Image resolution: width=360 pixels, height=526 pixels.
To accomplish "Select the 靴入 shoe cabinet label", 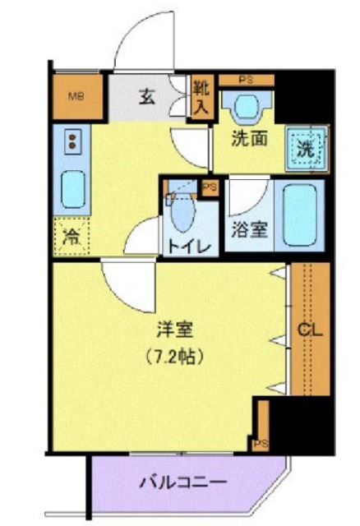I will [x=201, y=96].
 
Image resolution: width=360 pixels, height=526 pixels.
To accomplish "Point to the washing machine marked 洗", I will [x=305, y=150].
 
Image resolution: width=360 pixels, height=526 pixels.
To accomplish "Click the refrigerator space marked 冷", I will [x=73, y=238].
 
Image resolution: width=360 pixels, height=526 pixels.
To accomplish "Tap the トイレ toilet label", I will [x=192, y=246].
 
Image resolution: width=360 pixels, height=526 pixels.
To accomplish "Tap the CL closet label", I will [x=309, y=331].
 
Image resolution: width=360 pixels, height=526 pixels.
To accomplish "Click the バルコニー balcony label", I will [x=188, y=482].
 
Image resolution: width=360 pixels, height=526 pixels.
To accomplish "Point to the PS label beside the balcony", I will [x=261, y=444].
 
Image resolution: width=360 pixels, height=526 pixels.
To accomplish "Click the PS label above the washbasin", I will [x=245, y=79].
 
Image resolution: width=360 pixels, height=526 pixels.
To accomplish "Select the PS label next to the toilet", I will [x=210, y=187].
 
